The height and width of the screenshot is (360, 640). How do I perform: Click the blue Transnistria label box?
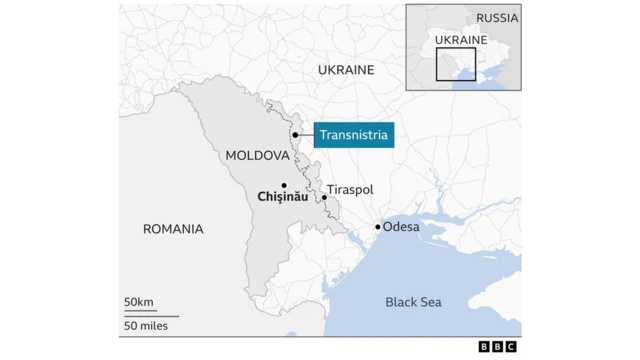point(353,134)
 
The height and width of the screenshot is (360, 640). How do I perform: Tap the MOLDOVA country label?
point(257,156)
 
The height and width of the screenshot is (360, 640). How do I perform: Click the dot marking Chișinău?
point(284,185)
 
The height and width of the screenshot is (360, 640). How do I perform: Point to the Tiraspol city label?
point(349,189)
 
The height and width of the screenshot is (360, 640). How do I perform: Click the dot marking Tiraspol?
point(325,198)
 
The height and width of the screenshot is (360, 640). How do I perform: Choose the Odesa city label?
point(401,227)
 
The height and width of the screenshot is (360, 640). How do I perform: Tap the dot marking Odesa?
point(377,227)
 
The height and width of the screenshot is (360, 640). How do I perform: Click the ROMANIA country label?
point(173,229)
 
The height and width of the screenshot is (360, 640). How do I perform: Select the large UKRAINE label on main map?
point(346,70)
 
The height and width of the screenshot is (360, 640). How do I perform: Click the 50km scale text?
point(139,302)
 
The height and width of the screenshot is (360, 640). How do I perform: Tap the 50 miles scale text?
point(146,326)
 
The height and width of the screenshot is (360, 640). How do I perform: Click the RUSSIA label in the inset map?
point(497,18)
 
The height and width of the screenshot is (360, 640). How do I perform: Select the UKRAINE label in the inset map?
point(462,40)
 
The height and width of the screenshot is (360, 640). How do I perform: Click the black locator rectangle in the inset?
point(456,63)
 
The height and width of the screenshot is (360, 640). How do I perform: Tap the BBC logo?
point(498,346)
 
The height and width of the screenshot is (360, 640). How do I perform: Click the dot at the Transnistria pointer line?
point(296,134)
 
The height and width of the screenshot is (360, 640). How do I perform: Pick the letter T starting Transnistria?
point(323,134)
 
